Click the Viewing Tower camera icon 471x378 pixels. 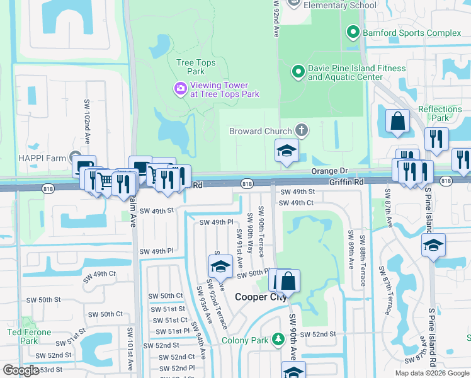tap(180, 89)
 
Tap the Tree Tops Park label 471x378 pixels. tap(196, 67)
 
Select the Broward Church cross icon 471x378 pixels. tap(302, 130)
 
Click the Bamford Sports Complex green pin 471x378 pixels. tap(352, 31)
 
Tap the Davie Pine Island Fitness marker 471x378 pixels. tap(298, 72)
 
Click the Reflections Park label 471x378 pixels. tap(440, 113)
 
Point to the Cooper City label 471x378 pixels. tap(260, 297)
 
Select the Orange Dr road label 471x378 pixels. tap(329, 171)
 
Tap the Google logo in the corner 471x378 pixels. tap(20, 370)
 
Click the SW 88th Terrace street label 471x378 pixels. tap(363, 261)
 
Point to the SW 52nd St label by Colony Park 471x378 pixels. tap(318, 335)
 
